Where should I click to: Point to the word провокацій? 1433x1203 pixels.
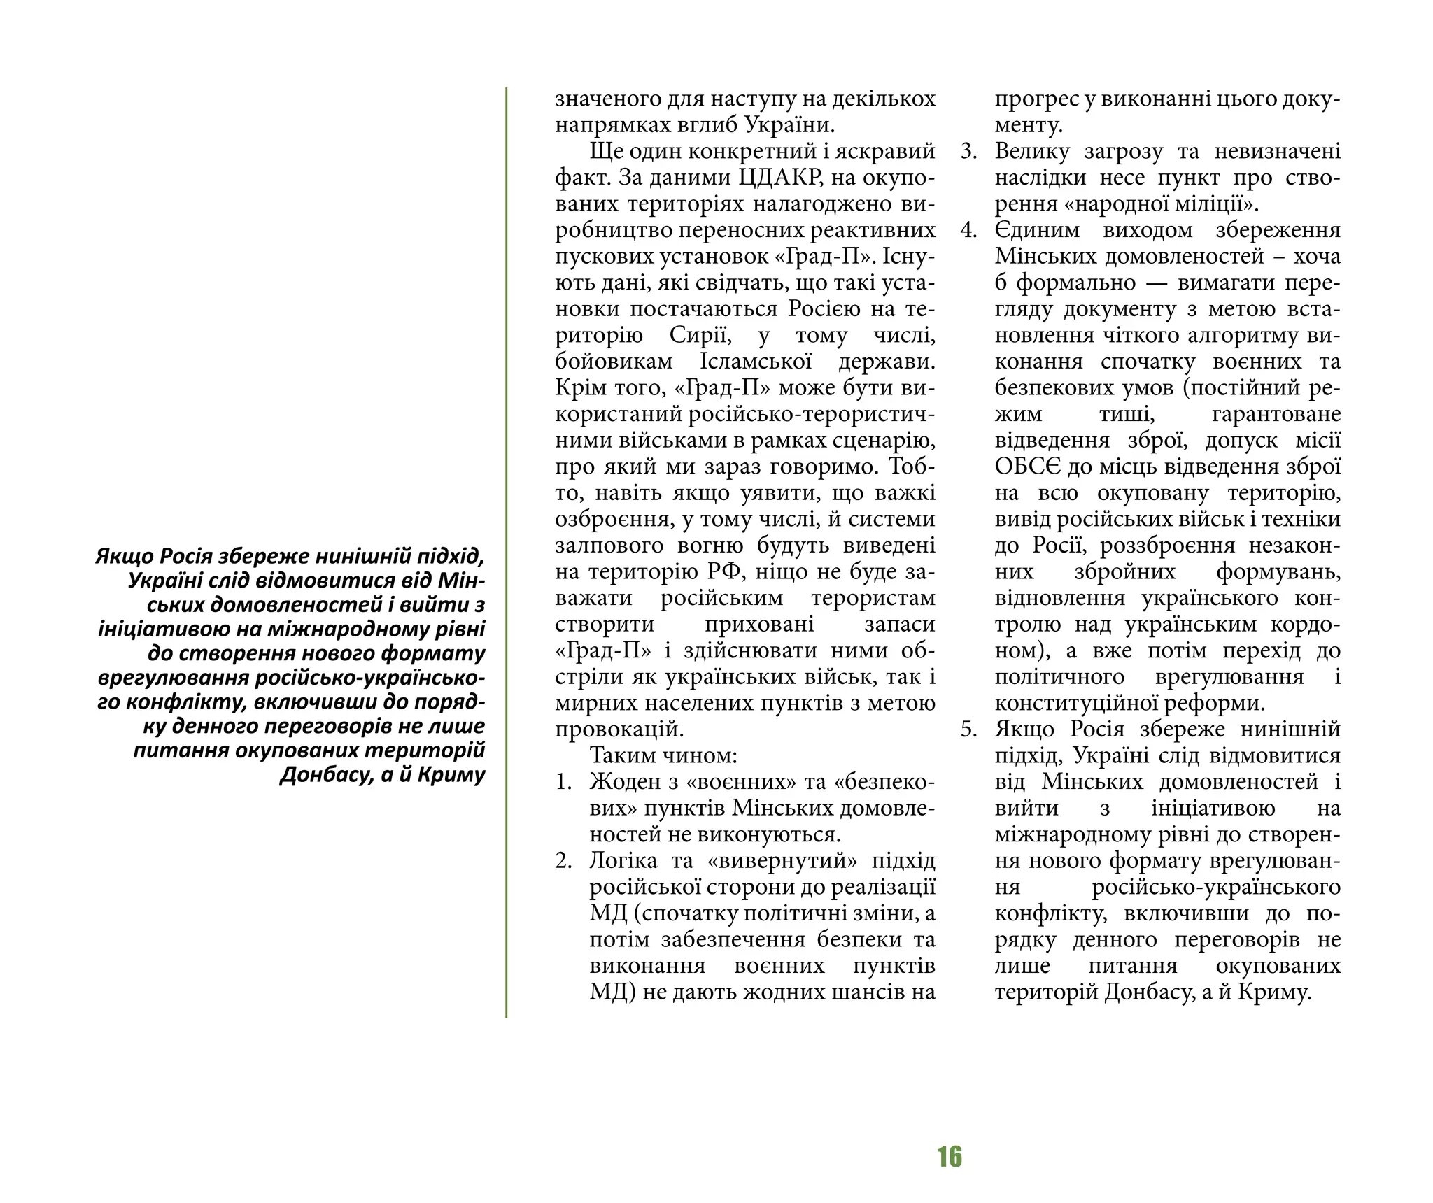(x=619, y=729)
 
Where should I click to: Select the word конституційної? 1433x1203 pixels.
(x=1074, y=703)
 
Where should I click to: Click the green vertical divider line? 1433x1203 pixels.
(x=506, y=553)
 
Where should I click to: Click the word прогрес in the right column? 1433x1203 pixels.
(x=1036, y=99)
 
